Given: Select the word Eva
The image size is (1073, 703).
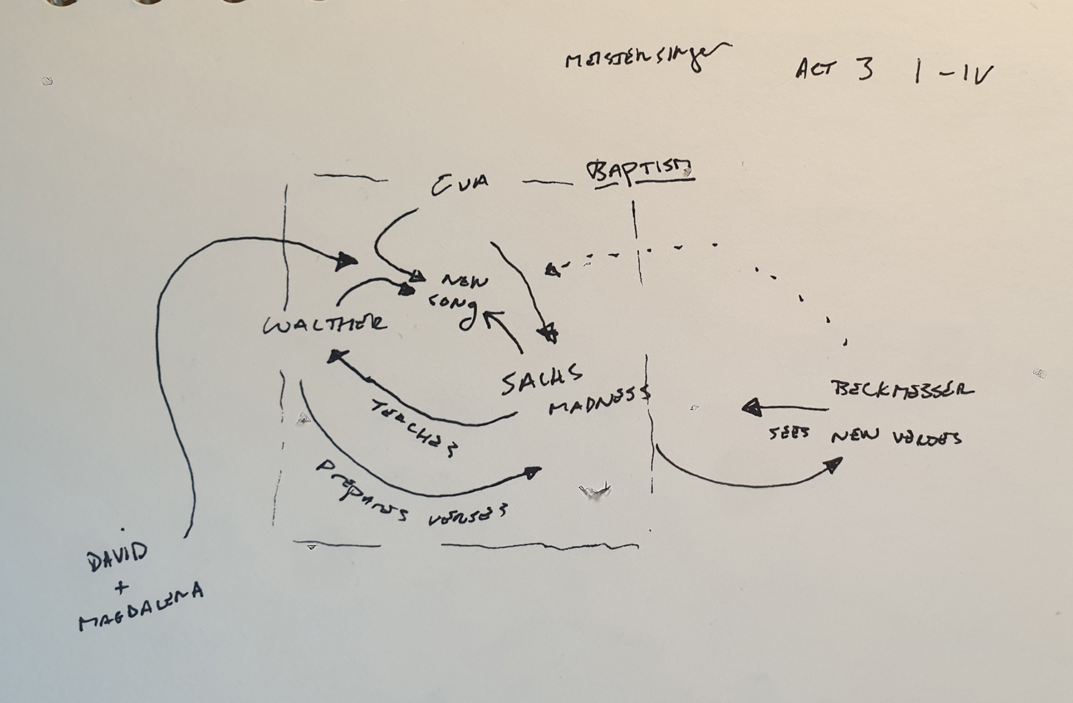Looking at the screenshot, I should (460, 184).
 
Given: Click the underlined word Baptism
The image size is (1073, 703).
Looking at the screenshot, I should (640, 172).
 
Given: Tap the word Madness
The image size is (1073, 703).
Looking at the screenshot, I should (599, 401).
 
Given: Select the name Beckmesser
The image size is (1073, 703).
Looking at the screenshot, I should (902, 389).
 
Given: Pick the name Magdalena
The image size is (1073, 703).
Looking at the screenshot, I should (141, 607).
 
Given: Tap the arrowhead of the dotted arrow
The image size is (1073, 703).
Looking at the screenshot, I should (552, 270).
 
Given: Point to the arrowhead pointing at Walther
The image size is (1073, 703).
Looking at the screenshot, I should (337, 355).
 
